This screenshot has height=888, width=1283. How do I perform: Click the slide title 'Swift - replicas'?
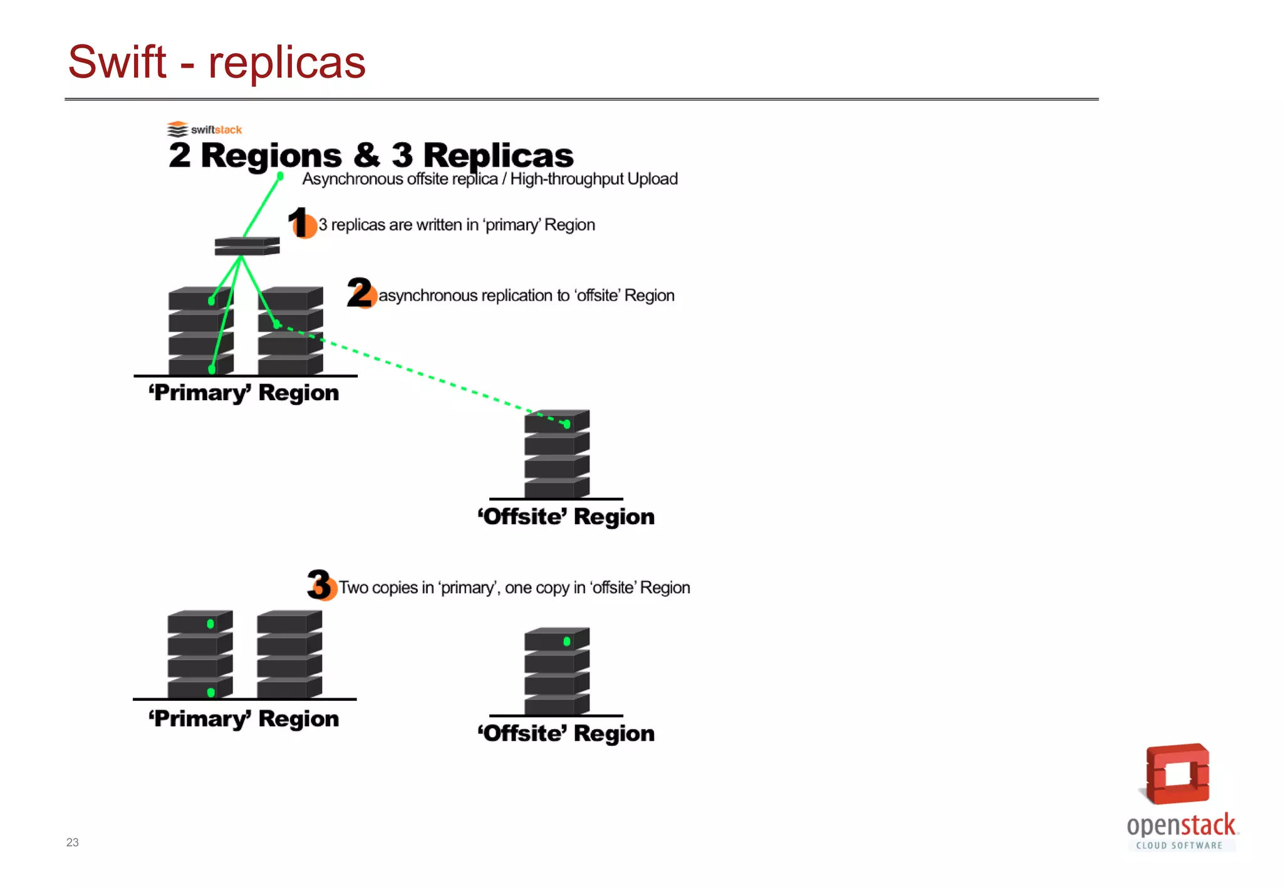point(216,63)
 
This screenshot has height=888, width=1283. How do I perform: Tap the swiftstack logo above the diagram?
point(204,129)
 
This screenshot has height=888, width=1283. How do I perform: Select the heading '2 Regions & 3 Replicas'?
point(371,155)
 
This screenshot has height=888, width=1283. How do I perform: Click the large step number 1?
point(299,222)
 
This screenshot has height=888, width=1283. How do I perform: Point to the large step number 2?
point(360,292)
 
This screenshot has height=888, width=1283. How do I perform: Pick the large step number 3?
point(319,584)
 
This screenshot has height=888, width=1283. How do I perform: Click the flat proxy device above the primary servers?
point(247,246)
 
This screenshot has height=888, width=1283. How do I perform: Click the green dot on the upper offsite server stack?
point(567,424)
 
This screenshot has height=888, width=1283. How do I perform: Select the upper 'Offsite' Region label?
point(566,517)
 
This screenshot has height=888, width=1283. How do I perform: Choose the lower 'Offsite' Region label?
point(566,733)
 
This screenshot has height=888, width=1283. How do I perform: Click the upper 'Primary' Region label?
point(244,393)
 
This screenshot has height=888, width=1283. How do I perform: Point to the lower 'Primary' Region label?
point(244,719)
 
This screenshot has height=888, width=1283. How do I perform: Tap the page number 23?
point(73,842)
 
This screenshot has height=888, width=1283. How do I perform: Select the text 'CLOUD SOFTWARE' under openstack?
point(1179,845)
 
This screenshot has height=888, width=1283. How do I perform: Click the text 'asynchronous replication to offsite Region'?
point(526,296)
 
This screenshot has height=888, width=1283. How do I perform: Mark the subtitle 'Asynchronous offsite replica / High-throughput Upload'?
point(490,179)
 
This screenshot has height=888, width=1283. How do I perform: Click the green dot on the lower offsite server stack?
point(567,641)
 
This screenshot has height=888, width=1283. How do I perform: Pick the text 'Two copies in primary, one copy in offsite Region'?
point(514,588)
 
